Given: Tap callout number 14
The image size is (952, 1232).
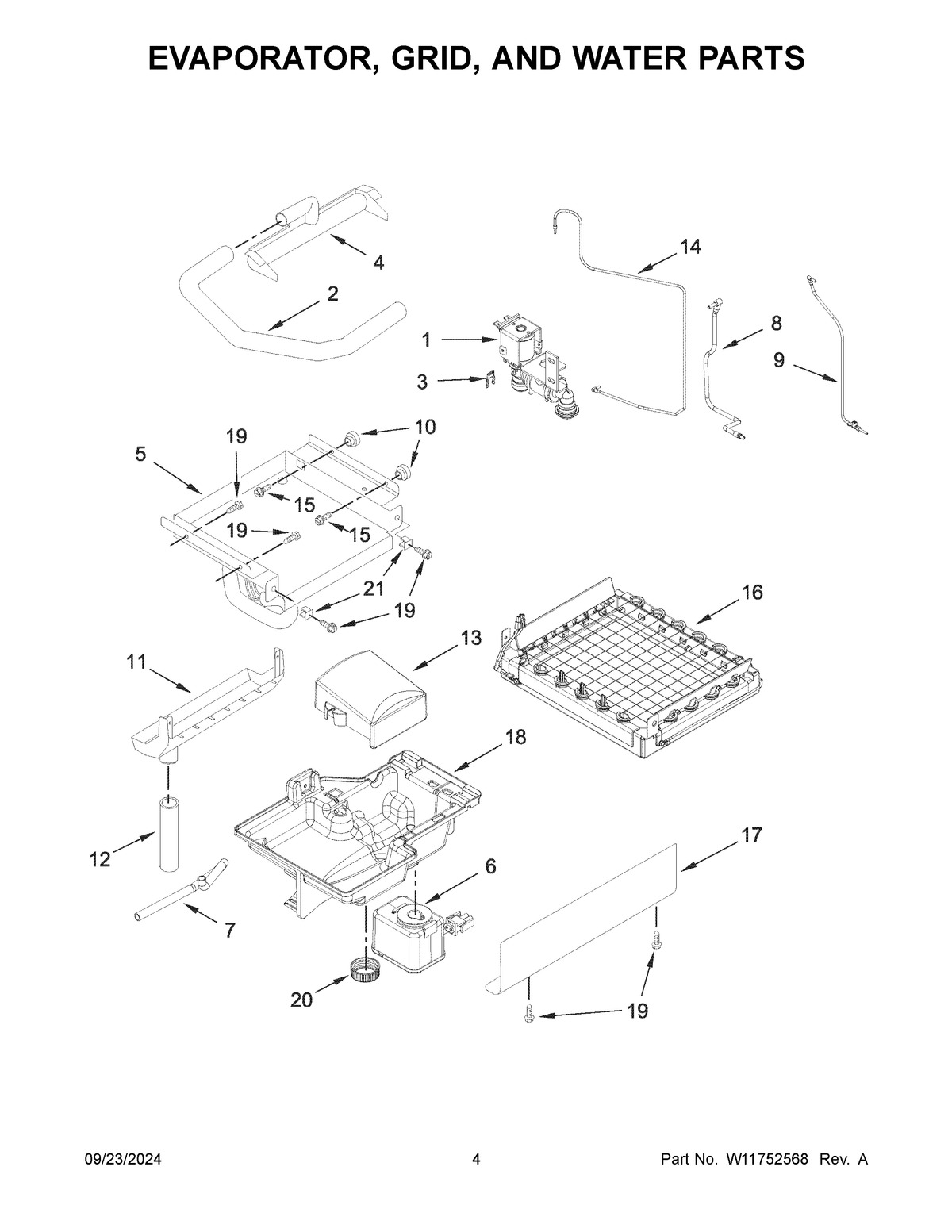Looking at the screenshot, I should point(689,248).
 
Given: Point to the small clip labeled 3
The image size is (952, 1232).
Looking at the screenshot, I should point(492,381).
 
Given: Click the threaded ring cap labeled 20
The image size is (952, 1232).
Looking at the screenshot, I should point(362,969).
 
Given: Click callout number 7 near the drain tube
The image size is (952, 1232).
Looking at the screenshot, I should point(229,931).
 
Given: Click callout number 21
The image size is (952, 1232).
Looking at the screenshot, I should point(374,589).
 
